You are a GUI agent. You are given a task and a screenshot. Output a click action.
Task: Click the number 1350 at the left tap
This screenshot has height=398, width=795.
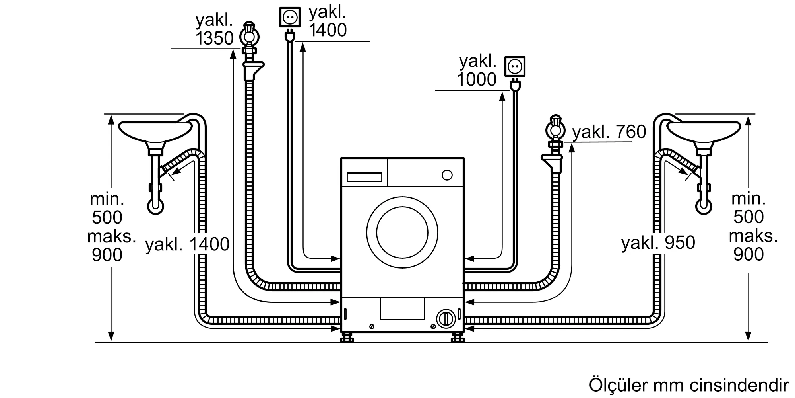[x=214, y=39]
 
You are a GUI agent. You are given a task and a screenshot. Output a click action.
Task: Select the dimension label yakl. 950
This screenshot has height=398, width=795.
[x=658, y=242]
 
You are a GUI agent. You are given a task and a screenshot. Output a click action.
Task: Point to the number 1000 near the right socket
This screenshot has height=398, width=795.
[x=477, y=80]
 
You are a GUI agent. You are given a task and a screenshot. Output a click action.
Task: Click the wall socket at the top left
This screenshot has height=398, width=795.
[x=290, y=17]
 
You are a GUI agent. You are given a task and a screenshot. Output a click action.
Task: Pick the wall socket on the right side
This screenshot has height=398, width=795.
[x=515, y=66]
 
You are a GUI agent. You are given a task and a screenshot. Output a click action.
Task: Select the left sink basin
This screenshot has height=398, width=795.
[x=155, y=131]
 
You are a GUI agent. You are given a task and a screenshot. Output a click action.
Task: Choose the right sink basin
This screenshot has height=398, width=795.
[x=704, y=131]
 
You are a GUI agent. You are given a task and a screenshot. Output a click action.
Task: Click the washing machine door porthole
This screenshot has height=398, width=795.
[x=402, y=232]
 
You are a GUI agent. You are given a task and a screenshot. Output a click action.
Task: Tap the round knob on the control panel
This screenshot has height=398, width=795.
[x=447, y=175]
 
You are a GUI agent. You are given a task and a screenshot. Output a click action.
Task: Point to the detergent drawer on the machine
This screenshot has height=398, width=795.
[x=364, y=177]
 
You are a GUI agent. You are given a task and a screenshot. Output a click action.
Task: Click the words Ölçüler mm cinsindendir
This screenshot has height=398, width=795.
[x=688, y=385]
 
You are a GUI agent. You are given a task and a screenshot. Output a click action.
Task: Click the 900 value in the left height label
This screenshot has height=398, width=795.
[x=107, y=255]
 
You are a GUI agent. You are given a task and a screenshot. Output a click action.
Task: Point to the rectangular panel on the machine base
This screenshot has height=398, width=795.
[x=402, y=308]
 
